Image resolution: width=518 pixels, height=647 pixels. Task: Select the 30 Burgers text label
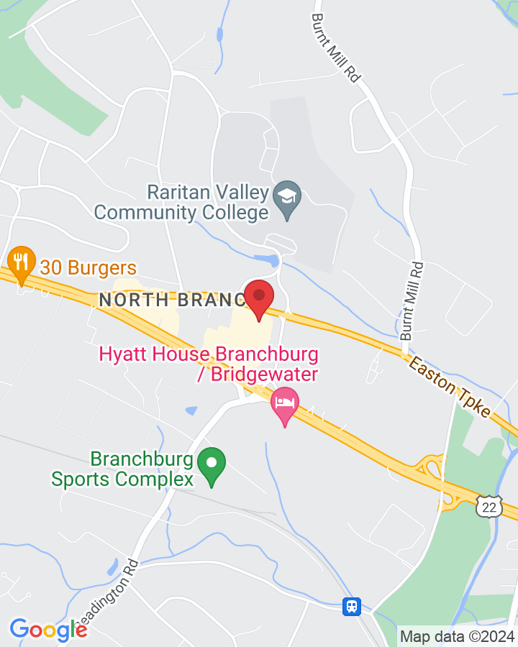(x=88, y=268)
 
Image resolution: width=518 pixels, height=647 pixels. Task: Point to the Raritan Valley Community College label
(x=181, y=202)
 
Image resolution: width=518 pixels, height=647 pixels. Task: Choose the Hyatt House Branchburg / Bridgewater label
(x=209, y=364)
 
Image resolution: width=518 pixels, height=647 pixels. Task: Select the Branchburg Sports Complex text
(x=122, y=469)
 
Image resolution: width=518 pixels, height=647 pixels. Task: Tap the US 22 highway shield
(x=490, y=508)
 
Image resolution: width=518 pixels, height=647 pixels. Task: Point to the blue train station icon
(x=351, y=606)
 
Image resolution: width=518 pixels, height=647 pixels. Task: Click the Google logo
(x=48, y=630)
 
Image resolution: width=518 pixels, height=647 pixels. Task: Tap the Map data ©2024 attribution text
(x=457, y=636)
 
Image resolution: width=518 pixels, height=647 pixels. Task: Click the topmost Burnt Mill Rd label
(x=335, y=47)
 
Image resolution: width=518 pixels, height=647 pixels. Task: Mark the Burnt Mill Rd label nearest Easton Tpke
(x=414, y=301)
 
